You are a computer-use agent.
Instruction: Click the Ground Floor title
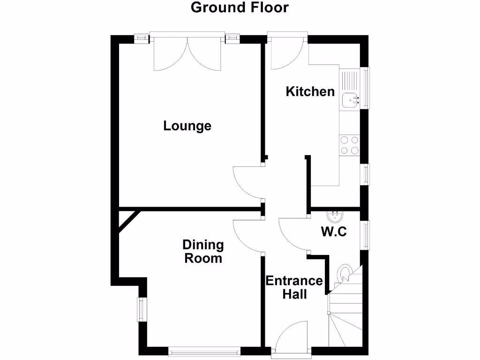point(240,7)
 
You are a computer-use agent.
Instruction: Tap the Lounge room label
point(187,126)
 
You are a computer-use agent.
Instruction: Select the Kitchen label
point(310,91)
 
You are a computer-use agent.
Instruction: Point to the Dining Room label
point(203,251)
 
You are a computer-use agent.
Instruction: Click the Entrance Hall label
point(294,287)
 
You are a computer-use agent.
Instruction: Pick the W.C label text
point(334,232)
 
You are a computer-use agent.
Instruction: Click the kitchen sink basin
point(350,100)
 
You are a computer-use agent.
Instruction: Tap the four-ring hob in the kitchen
point(349,145)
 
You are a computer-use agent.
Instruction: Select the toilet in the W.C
point(345,273)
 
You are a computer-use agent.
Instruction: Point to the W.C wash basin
point(335,216)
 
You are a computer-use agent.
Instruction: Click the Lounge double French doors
point(187,54)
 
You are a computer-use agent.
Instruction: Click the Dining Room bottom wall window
point(204,349)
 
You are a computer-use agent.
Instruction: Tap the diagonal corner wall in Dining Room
point(127,221)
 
